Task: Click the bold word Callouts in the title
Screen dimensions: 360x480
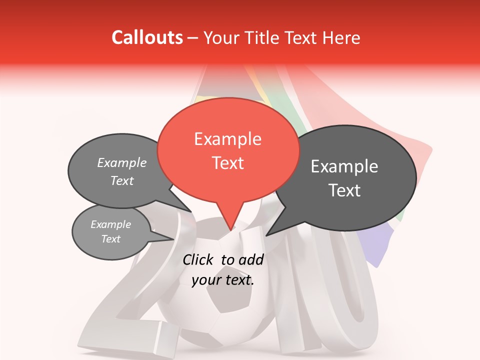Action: [x=147, y=37]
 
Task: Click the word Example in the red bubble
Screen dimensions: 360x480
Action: [x=227, y=139]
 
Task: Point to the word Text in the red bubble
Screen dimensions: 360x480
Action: [x=227, y=163]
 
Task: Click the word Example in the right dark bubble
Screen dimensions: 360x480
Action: [x=344, y=166]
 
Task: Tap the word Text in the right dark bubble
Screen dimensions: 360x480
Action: [x=344, y=190]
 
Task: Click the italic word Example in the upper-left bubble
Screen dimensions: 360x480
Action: [x=121, y=163]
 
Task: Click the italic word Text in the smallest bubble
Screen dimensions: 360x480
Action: [x=110, y=239]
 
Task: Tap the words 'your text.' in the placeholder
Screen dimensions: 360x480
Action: [x=223, y=280]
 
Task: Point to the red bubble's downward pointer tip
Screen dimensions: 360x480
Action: [x=230, y=230]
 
